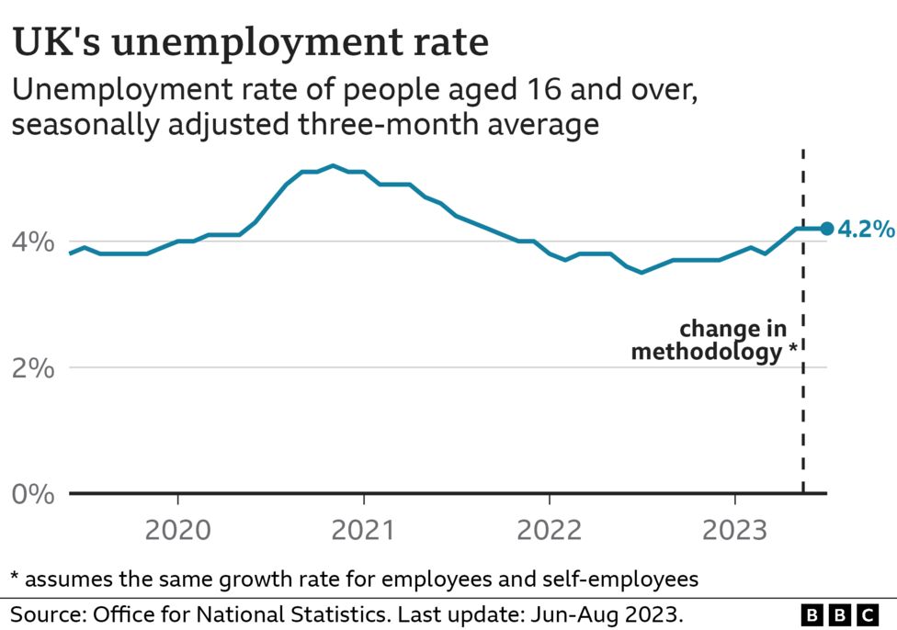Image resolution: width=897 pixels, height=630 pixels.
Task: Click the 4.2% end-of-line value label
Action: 866,229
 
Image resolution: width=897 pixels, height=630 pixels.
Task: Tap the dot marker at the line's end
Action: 826,229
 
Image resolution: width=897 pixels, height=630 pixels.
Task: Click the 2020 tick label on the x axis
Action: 177,530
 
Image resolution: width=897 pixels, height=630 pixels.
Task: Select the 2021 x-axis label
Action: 364,530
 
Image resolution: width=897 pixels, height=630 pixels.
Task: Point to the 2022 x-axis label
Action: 550,530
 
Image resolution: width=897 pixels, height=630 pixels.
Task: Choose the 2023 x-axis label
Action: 734,530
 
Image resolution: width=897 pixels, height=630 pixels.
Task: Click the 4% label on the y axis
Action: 33,242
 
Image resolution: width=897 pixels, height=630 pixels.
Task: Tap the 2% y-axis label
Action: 33,368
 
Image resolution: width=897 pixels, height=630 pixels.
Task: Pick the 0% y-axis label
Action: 33,494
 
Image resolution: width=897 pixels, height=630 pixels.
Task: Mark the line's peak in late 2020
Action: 333,166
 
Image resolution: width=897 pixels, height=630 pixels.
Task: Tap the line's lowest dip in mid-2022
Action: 642,272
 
